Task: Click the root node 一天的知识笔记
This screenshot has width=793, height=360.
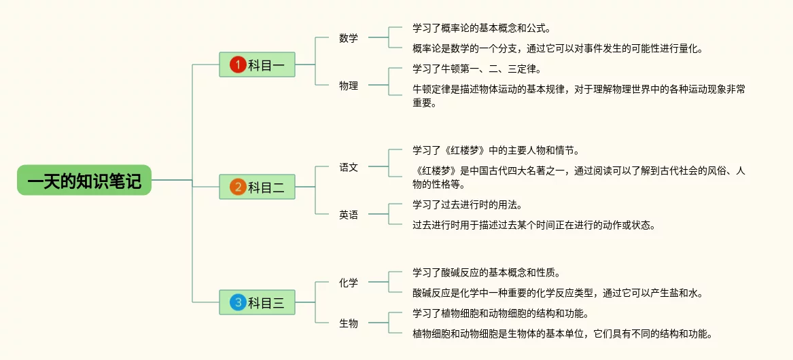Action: pos(84,180)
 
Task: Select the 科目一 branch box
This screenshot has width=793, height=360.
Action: pos(257,65)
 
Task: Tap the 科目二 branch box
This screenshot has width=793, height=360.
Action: pos(257,187)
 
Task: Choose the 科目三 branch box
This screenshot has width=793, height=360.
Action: pos(257,302)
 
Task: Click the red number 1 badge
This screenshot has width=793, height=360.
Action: pos(237,65)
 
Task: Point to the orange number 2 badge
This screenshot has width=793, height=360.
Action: pos(237,187)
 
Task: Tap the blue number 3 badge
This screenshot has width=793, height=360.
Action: pos(237,302)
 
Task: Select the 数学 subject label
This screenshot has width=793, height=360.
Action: pos(349,38)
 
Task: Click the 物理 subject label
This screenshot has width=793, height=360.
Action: pos(349,86)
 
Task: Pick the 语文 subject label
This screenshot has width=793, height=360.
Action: pos(349,167)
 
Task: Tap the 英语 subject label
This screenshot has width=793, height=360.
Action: pos(349,215)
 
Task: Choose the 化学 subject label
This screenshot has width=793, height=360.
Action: pos(349,283)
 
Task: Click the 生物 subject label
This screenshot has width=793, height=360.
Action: pos(349,323)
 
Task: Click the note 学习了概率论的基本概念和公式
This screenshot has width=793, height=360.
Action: pos(481,29)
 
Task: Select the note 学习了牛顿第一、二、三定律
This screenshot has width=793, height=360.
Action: pos(477,69)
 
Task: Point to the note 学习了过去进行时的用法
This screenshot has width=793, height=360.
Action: pos(467,204)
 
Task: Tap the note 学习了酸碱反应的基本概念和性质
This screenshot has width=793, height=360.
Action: pos(486,272)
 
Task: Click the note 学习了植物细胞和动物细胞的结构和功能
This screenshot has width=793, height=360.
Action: pos(499,313)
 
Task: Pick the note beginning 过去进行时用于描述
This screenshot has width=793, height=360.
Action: pos(534,225)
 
